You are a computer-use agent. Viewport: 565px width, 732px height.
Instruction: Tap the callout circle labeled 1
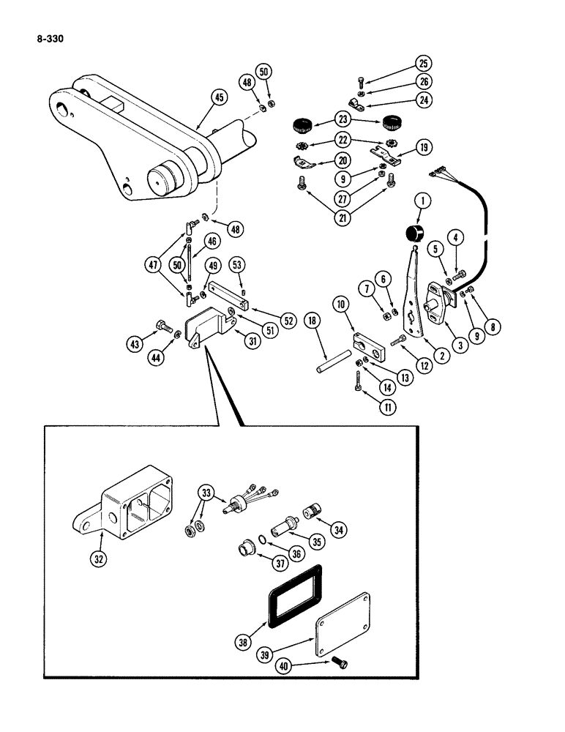419,200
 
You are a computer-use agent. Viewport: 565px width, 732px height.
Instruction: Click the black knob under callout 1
415,235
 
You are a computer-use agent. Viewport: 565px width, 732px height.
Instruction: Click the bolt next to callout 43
162,326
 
